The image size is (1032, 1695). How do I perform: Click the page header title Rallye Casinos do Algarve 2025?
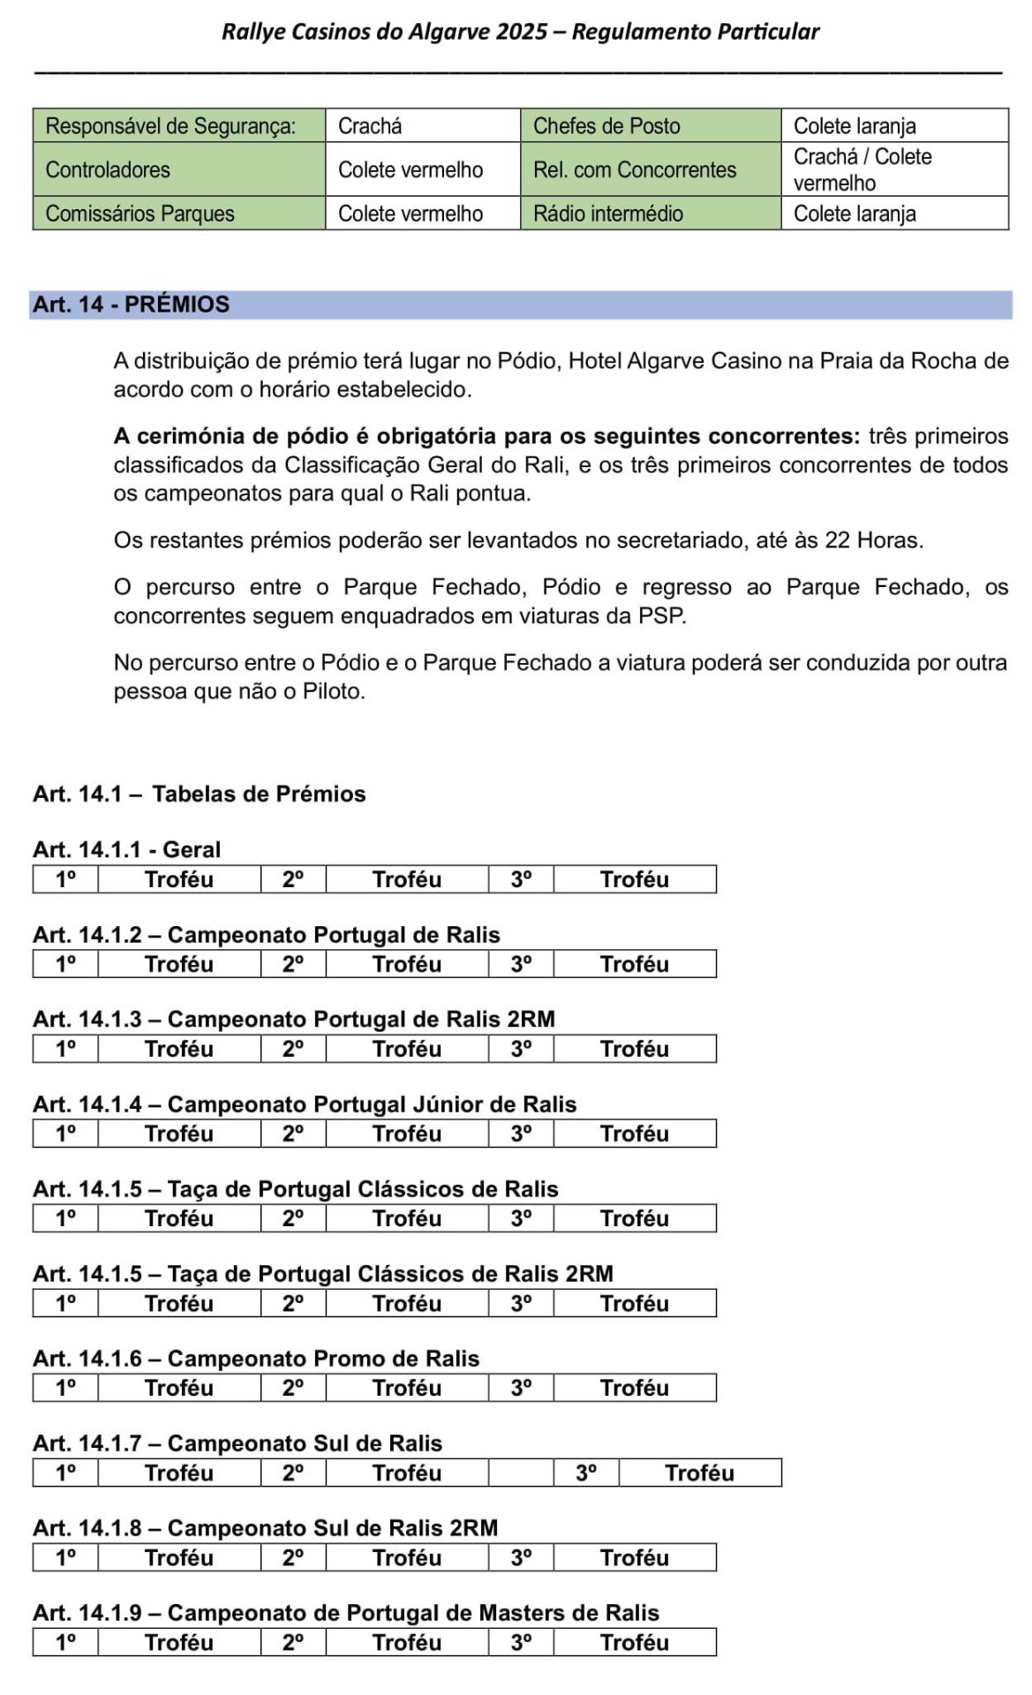520,33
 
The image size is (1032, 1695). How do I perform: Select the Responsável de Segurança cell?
178,126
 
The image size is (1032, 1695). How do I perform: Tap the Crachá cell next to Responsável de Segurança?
422,126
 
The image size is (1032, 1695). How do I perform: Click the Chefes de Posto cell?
650,126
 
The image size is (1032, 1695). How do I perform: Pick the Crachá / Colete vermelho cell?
893,169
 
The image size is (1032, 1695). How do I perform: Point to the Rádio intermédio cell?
650,214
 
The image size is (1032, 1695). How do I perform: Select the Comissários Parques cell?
178,214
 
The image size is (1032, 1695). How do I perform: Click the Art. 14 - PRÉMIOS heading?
132,305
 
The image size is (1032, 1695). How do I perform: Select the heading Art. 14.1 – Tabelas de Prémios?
200,794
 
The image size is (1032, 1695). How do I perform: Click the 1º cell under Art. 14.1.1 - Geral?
65,879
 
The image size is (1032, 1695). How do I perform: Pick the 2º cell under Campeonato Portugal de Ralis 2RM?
293,1049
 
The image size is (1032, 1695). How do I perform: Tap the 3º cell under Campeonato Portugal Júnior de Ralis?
521,1134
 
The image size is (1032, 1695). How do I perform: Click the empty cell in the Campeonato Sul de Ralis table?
521,1473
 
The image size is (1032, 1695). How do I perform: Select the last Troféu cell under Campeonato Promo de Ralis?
635,1388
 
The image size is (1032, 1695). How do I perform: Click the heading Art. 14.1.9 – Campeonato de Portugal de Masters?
346,1613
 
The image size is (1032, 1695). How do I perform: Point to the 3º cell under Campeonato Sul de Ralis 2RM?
521,1557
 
